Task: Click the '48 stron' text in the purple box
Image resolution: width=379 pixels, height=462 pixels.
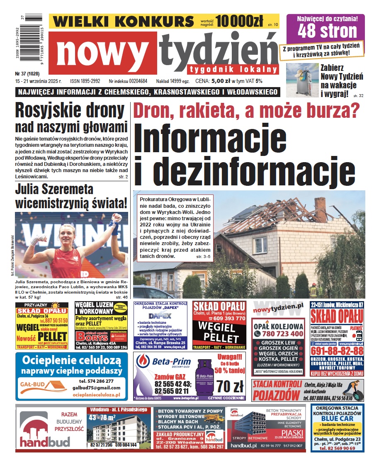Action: click(x=327, y=31)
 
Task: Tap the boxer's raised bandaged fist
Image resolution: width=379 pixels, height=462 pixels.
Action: click(x=117, y=219)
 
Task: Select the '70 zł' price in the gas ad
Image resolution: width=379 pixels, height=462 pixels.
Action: click(x=230, y=387)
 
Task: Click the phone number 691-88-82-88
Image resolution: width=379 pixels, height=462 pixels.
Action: click(x=337, y=351)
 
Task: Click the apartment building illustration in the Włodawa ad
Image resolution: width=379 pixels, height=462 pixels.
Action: click(x=120, y=430)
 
